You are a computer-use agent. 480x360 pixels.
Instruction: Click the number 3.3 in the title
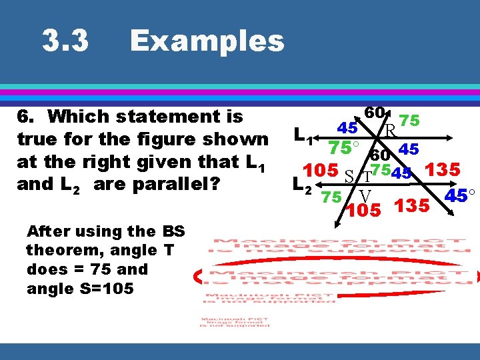click(x=65, y=42)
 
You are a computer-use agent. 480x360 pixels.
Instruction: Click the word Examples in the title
click(x=207, y=41)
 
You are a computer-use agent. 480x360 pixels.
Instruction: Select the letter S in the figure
click(x=349, y=177)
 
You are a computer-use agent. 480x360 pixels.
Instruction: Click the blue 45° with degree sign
click(x=460, y=196)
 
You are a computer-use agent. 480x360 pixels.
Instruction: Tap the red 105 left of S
click(x=320, y=169)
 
